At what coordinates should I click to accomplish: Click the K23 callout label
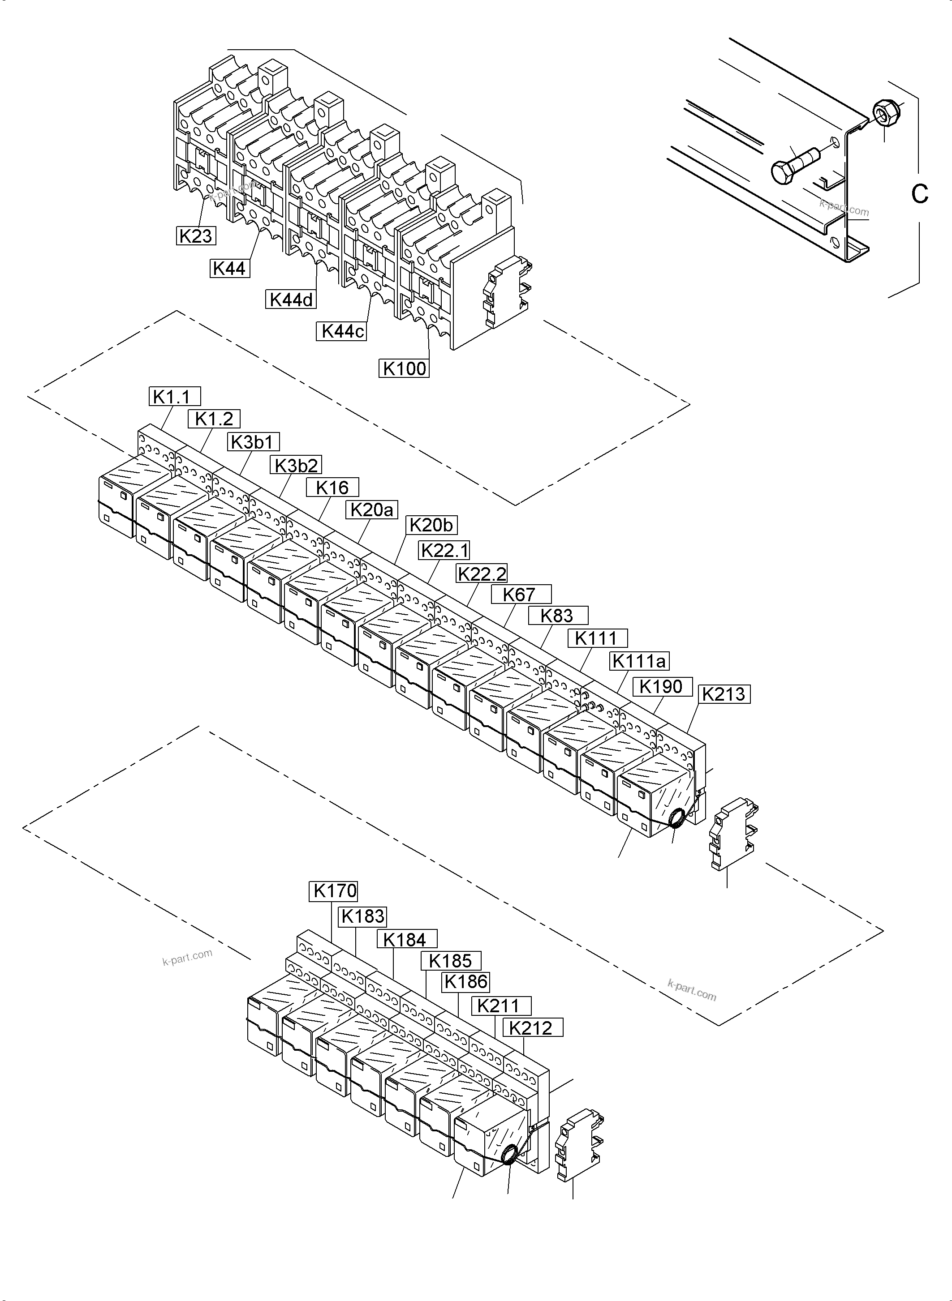(x=196, y=235)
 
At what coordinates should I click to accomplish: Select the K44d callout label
(x=292, y=300)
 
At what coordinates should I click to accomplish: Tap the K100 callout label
(x=405, y=368)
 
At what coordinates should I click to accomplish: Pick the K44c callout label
(x=342, y=331)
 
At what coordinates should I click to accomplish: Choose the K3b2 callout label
(x=296, y=465)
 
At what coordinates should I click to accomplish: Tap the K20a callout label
(x=372, y=509)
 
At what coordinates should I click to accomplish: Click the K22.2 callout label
(x=482, y=573)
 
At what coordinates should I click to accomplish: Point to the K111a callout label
(x=640, y=661)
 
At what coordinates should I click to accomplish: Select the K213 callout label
(x=724, y=694)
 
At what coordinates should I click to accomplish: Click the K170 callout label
(x=334, y=891)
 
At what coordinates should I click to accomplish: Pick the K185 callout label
(x=451, y=961)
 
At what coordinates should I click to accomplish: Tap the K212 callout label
(x=532, y=1028)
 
